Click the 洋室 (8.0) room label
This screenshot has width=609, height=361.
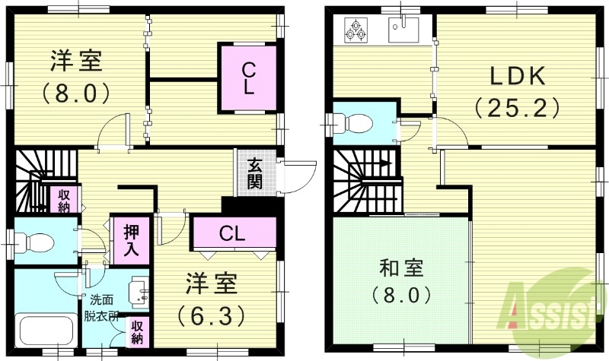(x=76, y=76)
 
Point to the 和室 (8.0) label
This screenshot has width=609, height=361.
(x=401, y=281)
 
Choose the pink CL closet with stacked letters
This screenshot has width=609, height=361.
(x=248, y=78)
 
